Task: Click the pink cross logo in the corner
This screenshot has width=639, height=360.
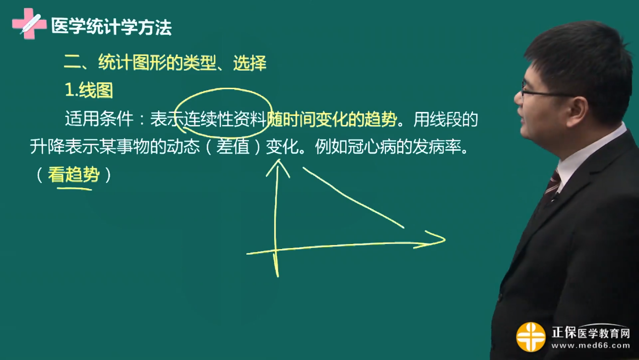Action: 29,23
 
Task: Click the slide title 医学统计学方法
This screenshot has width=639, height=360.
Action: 111,27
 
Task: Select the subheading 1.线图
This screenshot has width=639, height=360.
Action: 89,90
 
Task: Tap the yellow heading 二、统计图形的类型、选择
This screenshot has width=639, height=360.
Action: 165,63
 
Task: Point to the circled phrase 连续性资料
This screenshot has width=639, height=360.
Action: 225,120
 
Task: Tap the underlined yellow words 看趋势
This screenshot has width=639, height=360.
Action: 74,175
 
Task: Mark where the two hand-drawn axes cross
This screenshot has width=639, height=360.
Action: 276,250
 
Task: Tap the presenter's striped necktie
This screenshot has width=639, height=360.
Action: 552,184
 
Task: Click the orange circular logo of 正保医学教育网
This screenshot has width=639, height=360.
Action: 531,336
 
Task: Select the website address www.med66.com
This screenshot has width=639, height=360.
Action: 590,346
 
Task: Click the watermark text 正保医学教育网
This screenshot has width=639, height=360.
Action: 590,333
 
